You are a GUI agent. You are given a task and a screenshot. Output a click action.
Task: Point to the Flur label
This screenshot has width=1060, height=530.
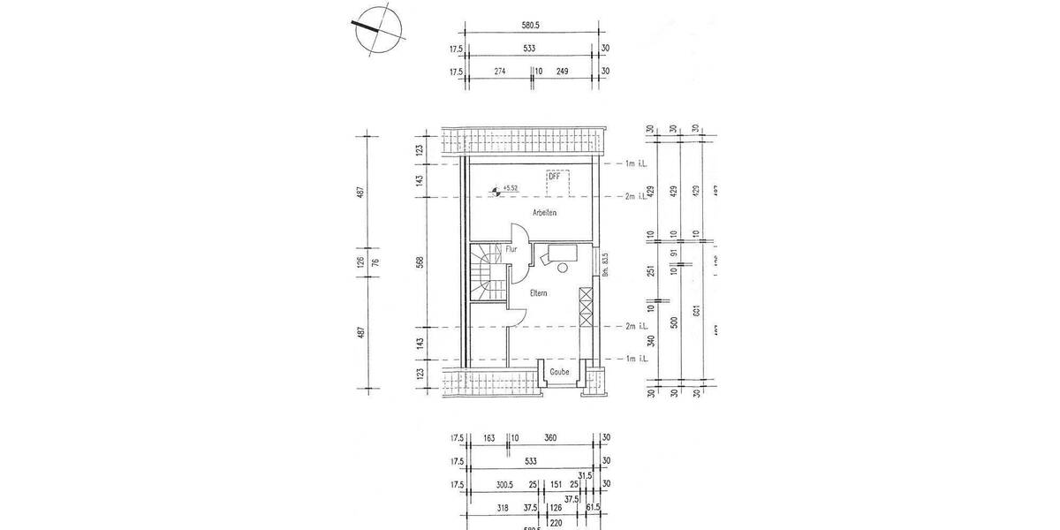(x=511, y=250)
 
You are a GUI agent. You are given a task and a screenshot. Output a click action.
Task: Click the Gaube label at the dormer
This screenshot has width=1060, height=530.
(x=559, y=372)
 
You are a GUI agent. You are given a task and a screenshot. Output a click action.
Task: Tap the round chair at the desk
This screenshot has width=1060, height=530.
(x=564, y=268)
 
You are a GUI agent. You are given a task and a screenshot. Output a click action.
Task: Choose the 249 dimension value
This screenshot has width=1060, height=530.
(x=563, y=72)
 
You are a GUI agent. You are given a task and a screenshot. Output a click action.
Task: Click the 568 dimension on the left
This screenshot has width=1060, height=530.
(x=420, y=261)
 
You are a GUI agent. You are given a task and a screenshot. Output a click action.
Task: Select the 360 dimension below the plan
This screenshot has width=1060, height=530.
(x=551, y=437)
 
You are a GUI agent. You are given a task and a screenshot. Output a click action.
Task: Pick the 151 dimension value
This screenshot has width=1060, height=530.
(x=556, y=484)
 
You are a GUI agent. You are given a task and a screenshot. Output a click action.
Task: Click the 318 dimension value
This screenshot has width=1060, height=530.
(x=503, y=508)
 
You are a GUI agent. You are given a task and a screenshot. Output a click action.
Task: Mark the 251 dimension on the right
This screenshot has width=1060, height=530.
(x=650, y=269)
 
